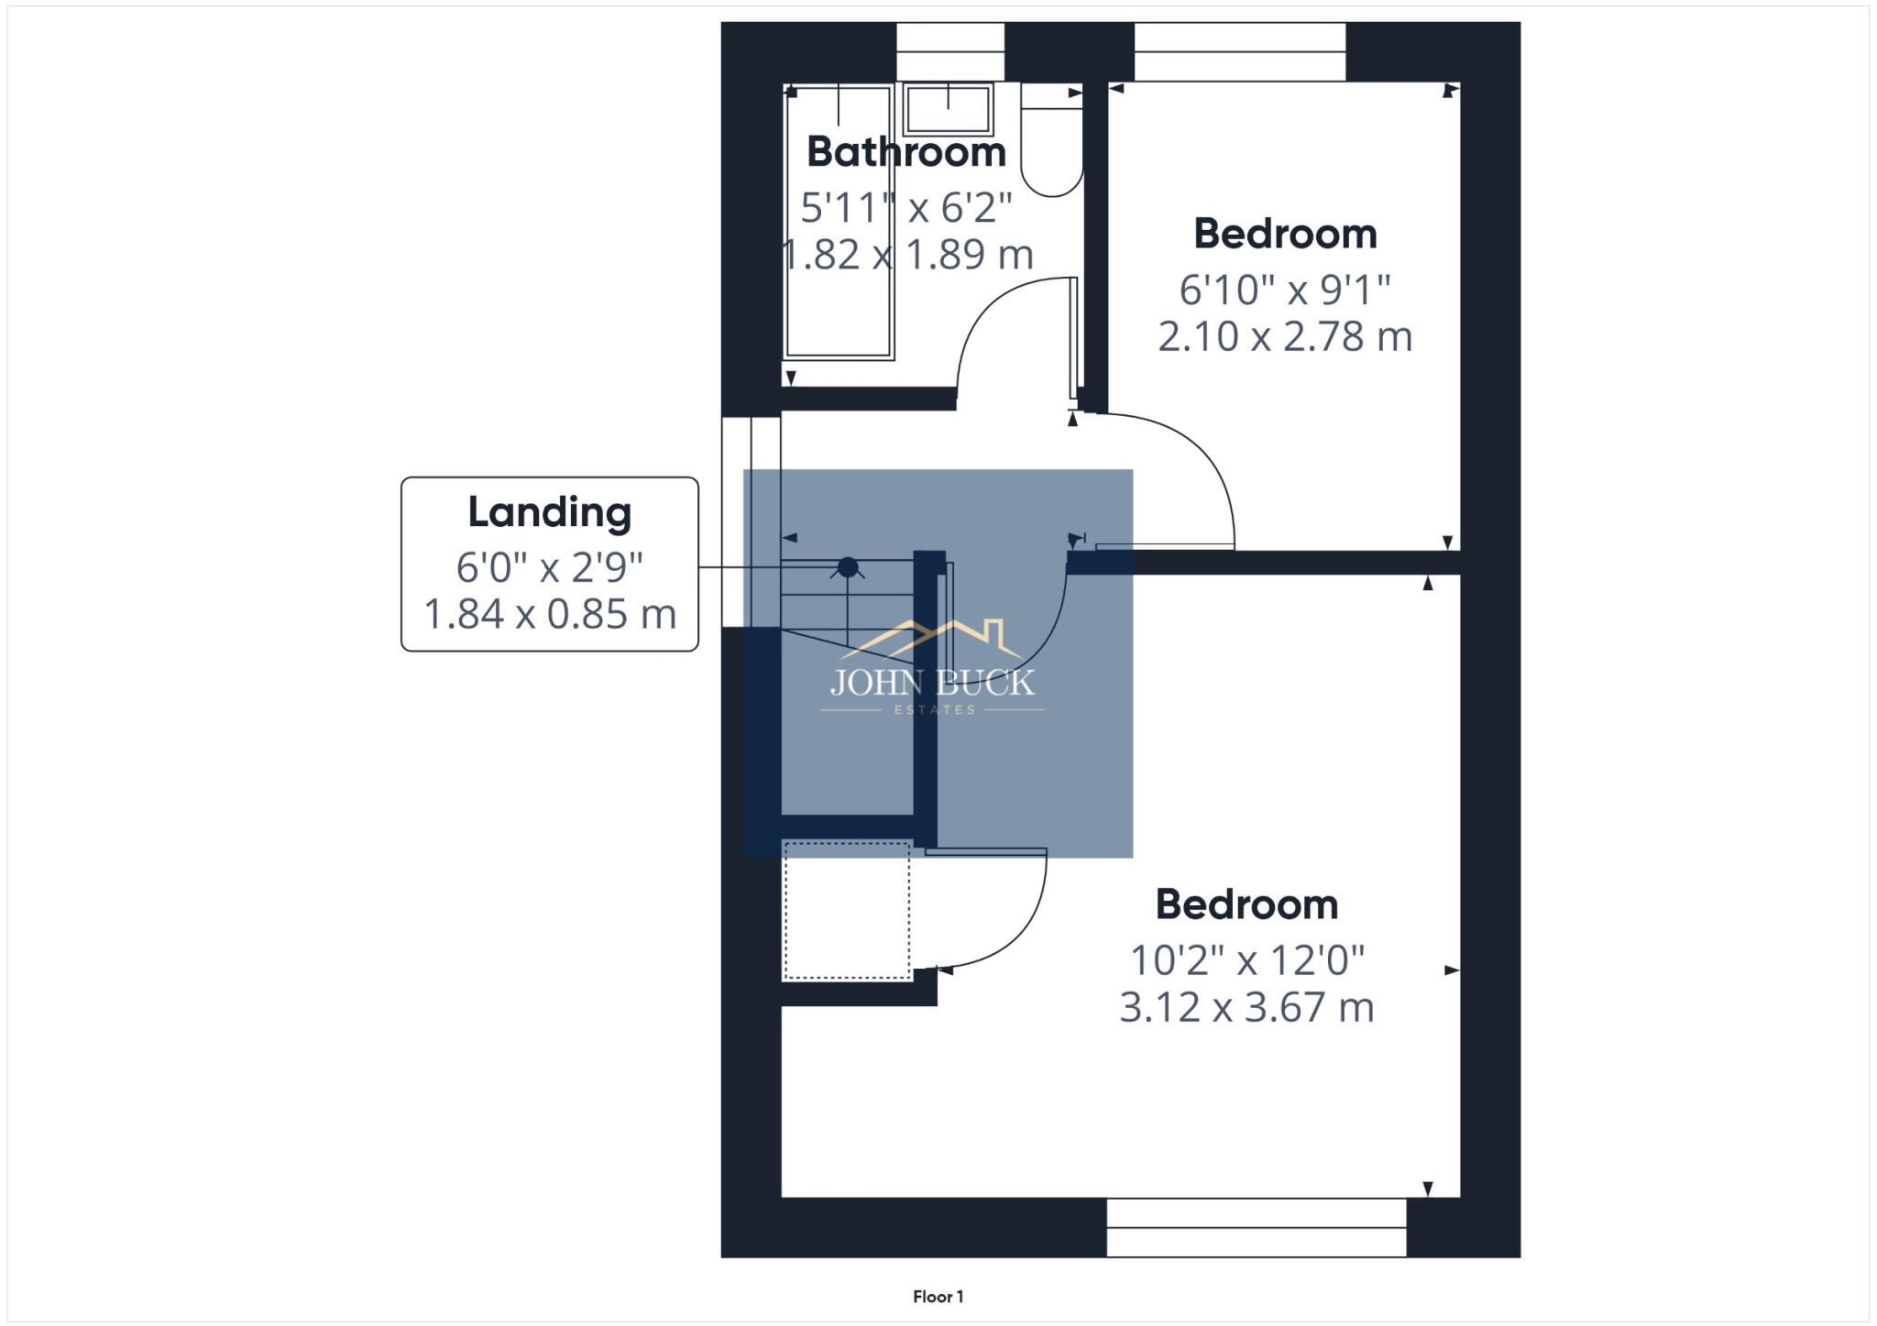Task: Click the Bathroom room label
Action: tap(906, 152)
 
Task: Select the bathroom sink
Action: tap(948, 109)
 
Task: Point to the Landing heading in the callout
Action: tap(550, 512)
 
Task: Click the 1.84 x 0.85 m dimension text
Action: tap(550, 614)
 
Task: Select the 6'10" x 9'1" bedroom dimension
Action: tap(1285, 290)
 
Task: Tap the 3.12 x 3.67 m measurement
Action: tap(1246, 1008)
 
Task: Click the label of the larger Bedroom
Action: tap(1246, 905)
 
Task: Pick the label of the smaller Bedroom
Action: tap(1285, 235)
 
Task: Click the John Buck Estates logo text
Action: tap(932, 683)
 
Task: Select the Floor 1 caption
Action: tap(938, 1297)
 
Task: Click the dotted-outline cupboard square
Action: tap(847, 911)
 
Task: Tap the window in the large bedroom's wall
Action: tap(1256, 1227)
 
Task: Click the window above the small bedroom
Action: tap(1239, 51)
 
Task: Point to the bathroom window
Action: tap(949, 51)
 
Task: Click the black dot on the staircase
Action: tap(848, 567)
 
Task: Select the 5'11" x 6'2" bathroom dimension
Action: tap(906, 209)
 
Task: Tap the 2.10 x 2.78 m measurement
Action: tap(1285, 337)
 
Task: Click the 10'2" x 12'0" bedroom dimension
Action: tap(1246, 961)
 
